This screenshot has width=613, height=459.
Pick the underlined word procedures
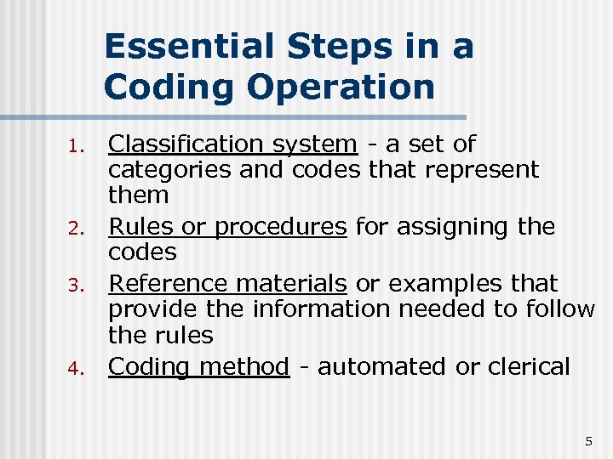[x=280, y=228]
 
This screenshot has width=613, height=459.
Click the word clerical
[x=528, y=367]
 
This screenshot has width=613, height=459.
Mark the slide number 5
[x=587, y=441]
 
